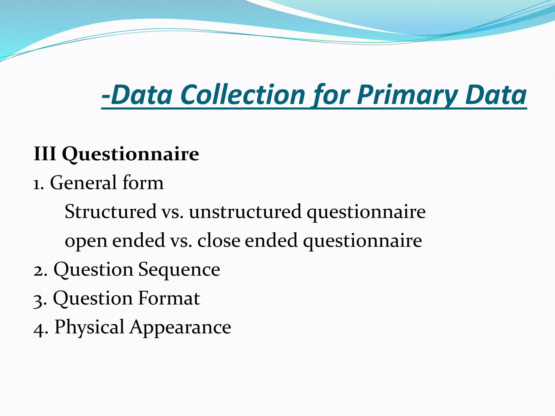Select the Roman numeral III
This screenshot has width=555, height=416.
pos(45,154)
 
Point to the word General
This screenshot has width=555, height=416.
pos(84,183)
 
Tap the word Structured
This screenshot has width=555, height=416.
pos(111,212)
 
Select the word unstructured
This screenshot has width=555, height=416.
pos(245,212)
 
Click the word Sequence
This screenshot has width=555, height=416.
pos(179,270)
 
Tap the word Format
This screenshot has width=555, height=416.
pos(169,298)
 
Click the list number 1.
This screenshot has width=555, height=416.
pos(38,184)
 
